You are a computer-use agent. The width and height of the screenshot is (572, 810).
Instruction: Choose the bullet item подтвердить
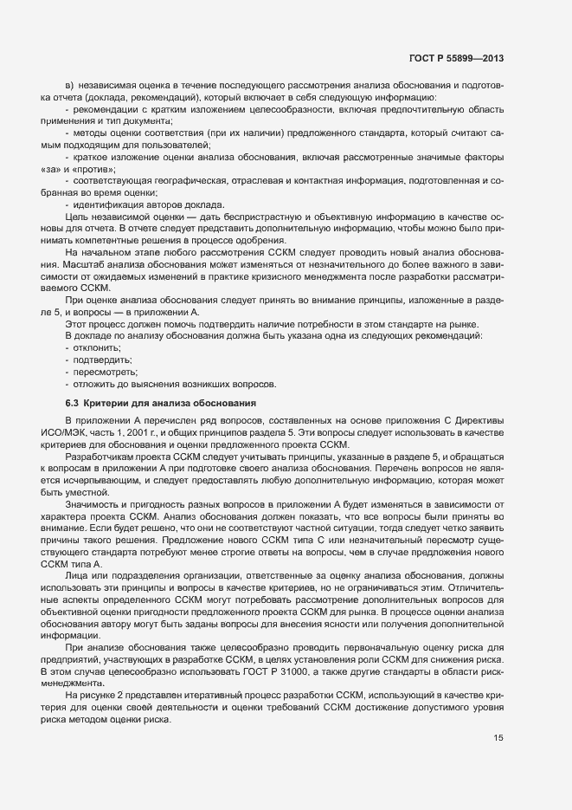click(x=102, y=360)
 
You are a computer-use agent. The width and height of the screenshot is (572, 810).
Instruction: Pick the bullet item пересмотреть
click(x=105, y=372)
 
